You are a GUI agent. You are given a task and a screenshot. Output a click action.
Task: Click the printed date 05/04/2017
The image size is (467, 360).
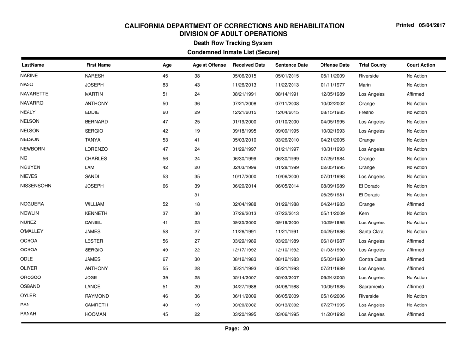pos(433,11)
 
